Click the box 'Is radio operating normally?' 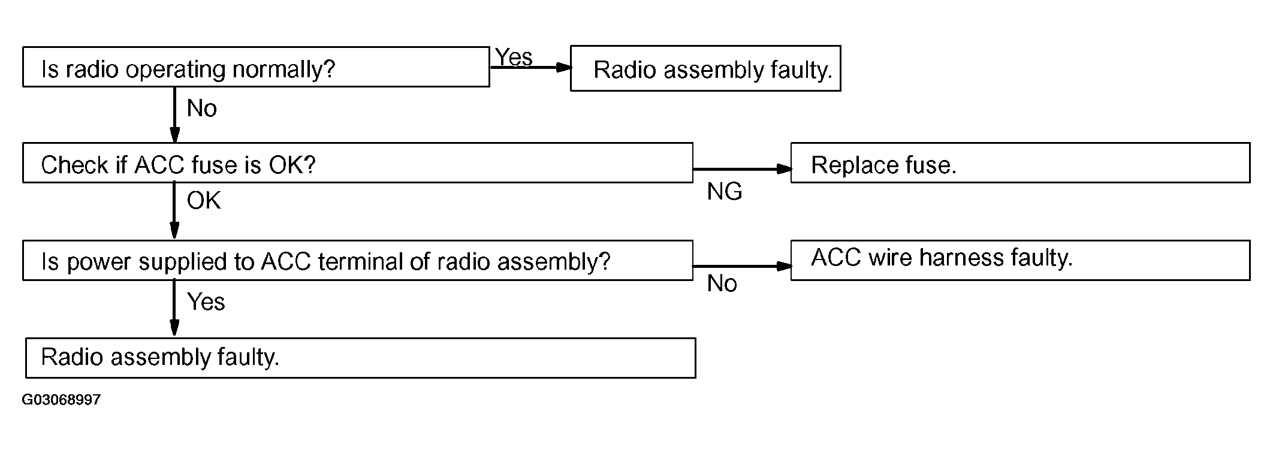pos(256,67)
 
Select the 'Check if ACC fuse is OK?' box pos(358,162)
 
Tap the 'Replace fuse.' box pos(1020,162)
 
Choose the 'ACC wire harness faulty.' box pos(1020,260)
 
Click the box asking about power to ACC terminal pos(358,260)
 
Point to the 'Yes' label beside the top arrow pos(514,57)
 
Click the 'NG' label pos(725,192)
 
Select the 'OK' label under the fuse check pos(204,201)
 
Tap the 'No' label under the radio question pos(202,108)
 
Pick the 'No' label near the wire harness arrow pos(722,283)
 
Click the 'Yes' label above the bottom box pos(206,302)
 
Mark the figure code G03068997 pos(61,400)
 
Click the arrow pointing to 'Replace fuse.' pos(742,169)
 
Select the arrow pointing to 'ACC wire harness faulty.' pos(742,266)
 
